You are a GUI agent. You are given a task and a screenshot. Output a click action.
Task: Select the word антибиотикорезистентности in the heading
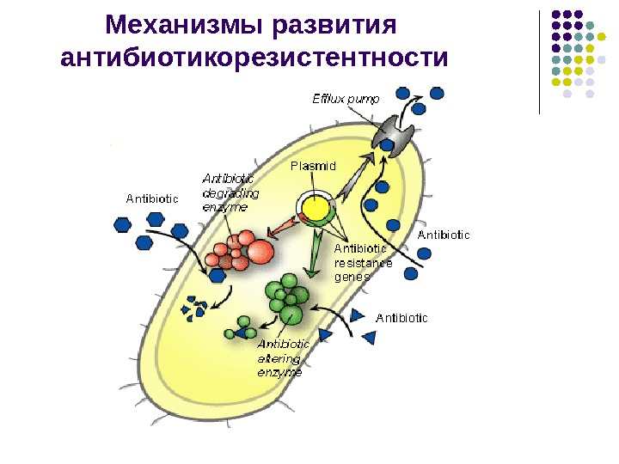[255, 59]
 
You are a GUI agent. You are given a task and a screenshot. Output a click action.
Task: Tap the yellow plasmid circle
[316, 208]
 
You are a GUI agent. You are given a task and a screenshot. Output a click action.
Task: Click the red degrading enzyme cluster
[242, 251]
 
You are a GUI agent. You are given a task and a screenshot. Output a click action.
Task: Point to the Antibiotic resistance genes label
[362, 263]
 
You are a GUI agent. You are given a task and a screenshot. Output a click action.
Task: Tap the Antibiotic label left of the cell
[152, 198]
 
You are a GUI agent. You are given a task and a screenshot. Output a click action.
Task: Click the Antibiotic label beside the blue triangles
[401, 319]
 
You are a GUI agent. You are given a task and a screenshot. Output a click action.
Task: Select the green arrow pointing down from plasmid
[316, 257]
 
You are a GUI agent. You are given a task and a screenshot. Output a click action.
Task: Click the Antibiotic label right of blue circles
[444, 234]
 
